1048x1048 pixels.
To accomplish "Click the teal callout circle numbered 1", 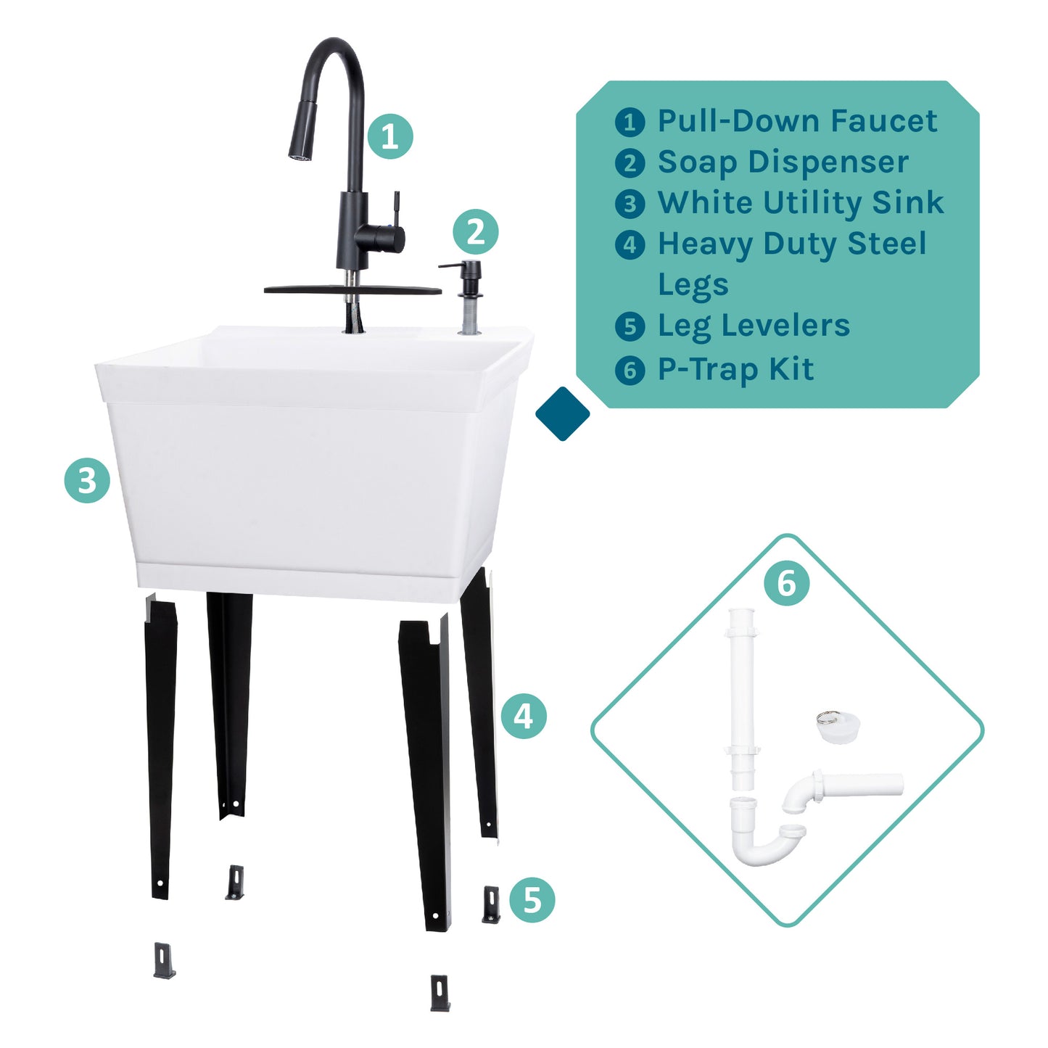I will click(389, 136).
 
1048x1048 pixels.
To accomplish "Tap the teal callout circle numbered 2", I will click(475, 232).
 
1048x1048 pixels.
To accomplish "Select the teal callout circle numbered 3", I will click(87, 480).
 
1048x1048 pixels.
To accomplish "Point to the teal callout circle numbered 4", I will click(523, 717).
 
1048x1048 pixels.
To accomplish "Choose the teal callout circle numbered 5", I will click(532, 900).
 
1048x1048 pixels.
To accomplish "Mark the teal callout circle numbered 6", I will click(786, 583).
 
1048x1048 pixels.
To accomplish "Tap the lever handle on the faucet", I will click(396, 210).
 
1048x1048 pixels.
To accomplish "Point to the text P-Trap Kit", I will click(735, 370).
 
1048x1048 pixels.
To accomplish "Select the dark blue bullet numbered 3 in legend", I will click(630, 204).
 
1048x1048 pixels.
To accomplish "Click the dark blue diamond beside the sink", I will click(562, 413).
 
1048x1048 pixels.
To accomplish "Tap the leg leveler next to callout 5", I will click(491, 904).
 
